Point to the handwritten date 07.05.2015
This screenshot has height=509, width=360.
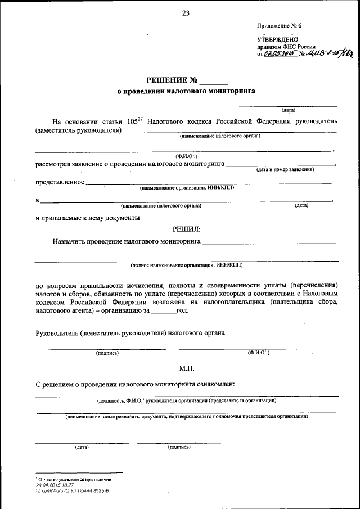tap(277, 55)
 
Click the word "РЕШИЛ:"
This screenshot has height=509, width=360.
tap(186, 229)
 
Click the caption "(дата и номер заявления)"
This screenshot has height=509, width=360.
tap(285, 169)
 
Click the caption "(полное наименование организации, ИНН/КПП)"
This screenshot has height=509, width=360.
tap(186, 264)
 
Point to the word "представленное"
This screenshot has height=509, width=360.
tap(60, 182)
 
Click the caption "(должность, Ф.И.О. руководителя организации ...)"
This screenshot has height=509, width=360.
tap(186, 401)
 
